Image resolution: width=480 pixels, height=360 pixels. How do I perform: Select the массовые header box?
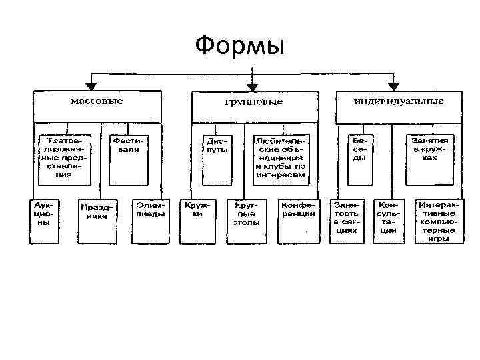[x=97, y=105]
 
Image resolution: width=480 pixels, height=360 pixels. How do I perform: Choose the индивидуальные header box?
[x=399, y=105]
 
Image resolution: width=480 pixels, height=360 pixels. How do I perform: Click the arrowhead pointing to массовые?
[x=91, y=85]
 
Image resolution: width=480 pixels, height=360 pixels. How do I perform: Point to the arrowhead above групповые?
[x=251, y=86]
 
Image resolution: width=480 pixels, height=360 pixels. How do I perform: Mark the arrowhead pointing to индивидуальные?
[x=393, y=85]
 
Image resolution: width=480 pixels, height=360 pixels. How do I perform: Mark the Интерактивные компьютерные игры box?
[x=439, y=220]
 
